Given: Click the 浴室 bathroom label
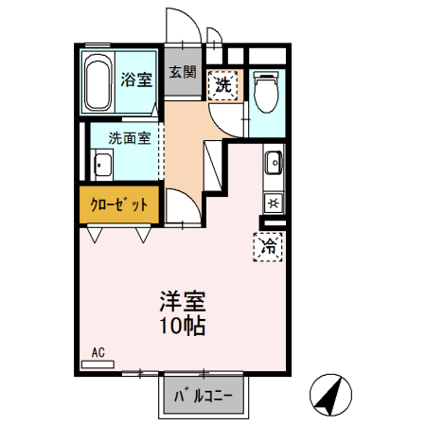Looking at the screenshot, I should click(136, 80).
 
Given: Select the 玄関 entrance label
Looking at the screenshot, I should click(183, 71).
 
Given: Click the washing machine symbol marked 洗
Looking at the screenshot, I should click(223, 85).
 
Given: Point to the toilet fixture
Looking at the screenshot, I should click(266, 91).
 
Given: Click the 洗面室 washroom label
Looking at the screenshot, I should click(126, 135).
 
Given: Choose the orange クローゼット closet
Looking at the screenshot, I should click(119, 204).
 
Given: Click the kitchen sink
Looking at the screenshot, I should click(273, 163).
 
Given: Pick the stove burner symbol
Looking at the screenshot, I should click(273, 202).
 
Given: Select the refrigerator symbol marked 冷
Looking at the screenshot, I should click(268, 246).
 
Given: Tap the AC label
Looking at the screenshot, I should click(98, 353).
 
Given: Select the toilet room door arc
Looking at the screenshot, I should click(225, 117).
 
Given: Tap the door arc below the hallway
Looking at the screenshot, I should click(181, 208).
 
